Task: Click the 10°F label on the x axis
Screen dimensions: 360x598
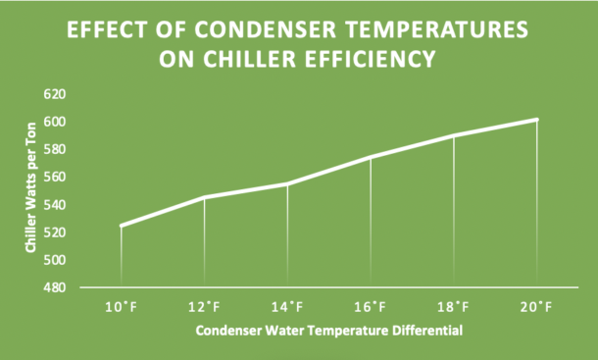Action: [x=121, y=307]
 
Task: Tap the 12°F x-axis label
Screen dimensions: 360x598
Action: [x=204, y=307]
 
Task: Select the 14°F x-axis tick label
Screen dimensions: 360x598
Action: [x=287, y=307]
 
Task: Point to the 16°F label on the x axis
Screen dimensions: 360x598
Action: [x=371, y=307]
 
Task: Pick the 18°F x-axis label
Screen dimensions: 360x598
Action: [x=454, y=307]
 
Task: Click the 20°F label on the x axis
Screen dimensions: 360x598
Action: [x=537, y=307]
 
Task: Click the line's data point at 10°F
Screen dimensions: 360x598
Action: [x=121, y=226]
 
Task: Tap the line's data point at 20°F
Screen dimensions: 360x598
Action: [x=537, y=120]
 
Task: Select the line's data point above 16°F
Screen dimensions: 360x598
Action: [x=371, y=157]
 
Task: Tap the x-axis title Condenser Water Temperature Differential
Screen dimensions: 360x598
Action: [x=328, y=331]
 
